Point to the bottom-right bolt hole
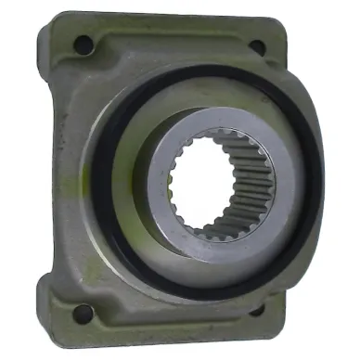tap(257, 309)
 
